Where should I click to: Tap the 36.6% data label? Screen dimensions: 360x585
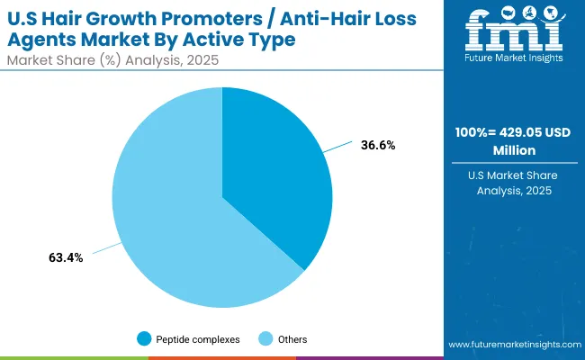pyautogui.click(x=377, y=144)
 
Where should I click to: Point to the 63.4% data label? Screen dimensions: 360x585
pyautogui.click(x=66, y=258)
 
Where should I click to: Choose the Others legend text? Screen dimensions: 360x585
pyautogui.click(x=292, y=339)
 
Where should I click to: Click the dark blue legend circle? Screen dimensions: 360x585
pyautogui.click(x=144, y=339)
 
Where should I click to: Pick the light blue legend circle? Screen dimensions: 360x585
pyautogui.click(x=267, y=339)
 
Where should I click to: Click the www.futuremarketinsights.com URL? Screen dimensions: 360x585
pyautogui.click(x=511, y=345)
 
